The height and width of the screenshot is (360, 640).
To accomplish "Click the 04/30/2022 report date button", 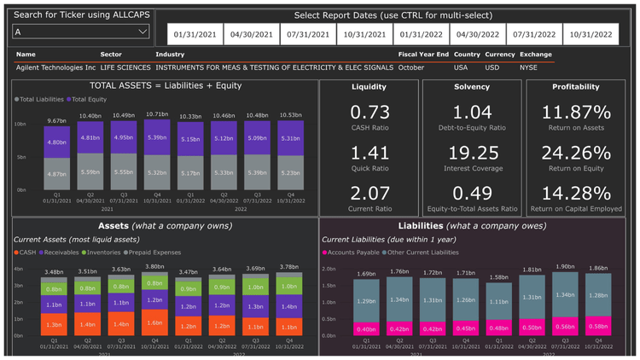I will coord(477,35).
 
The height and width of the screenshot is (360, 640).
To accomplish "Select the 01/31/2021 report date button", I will coord(194,35).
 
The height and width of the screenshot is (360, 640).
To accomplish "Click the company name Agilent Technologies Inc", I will coord(55,67).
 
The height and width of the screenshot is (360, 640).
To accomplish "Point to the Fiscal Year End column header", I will coord(423,54).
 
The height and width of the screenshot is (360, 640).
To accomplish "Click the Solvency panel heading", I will coord(473,87).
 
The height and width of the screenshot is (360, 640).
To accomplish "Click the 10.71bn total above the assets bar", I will coord(155,113).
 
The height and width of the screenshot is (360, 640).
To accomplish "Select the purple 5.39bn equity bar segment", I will coord(155,137).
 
